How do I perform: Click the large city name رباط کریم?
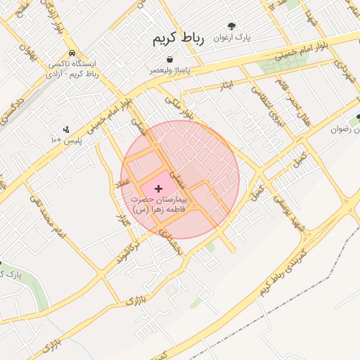coord(178,39)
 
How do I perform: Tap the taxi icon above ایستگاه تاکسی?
coord(72,53)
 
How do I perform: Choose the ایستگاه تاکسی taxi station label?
coord(73,68)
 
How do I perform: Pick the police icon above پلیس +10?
coord(66,129)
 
